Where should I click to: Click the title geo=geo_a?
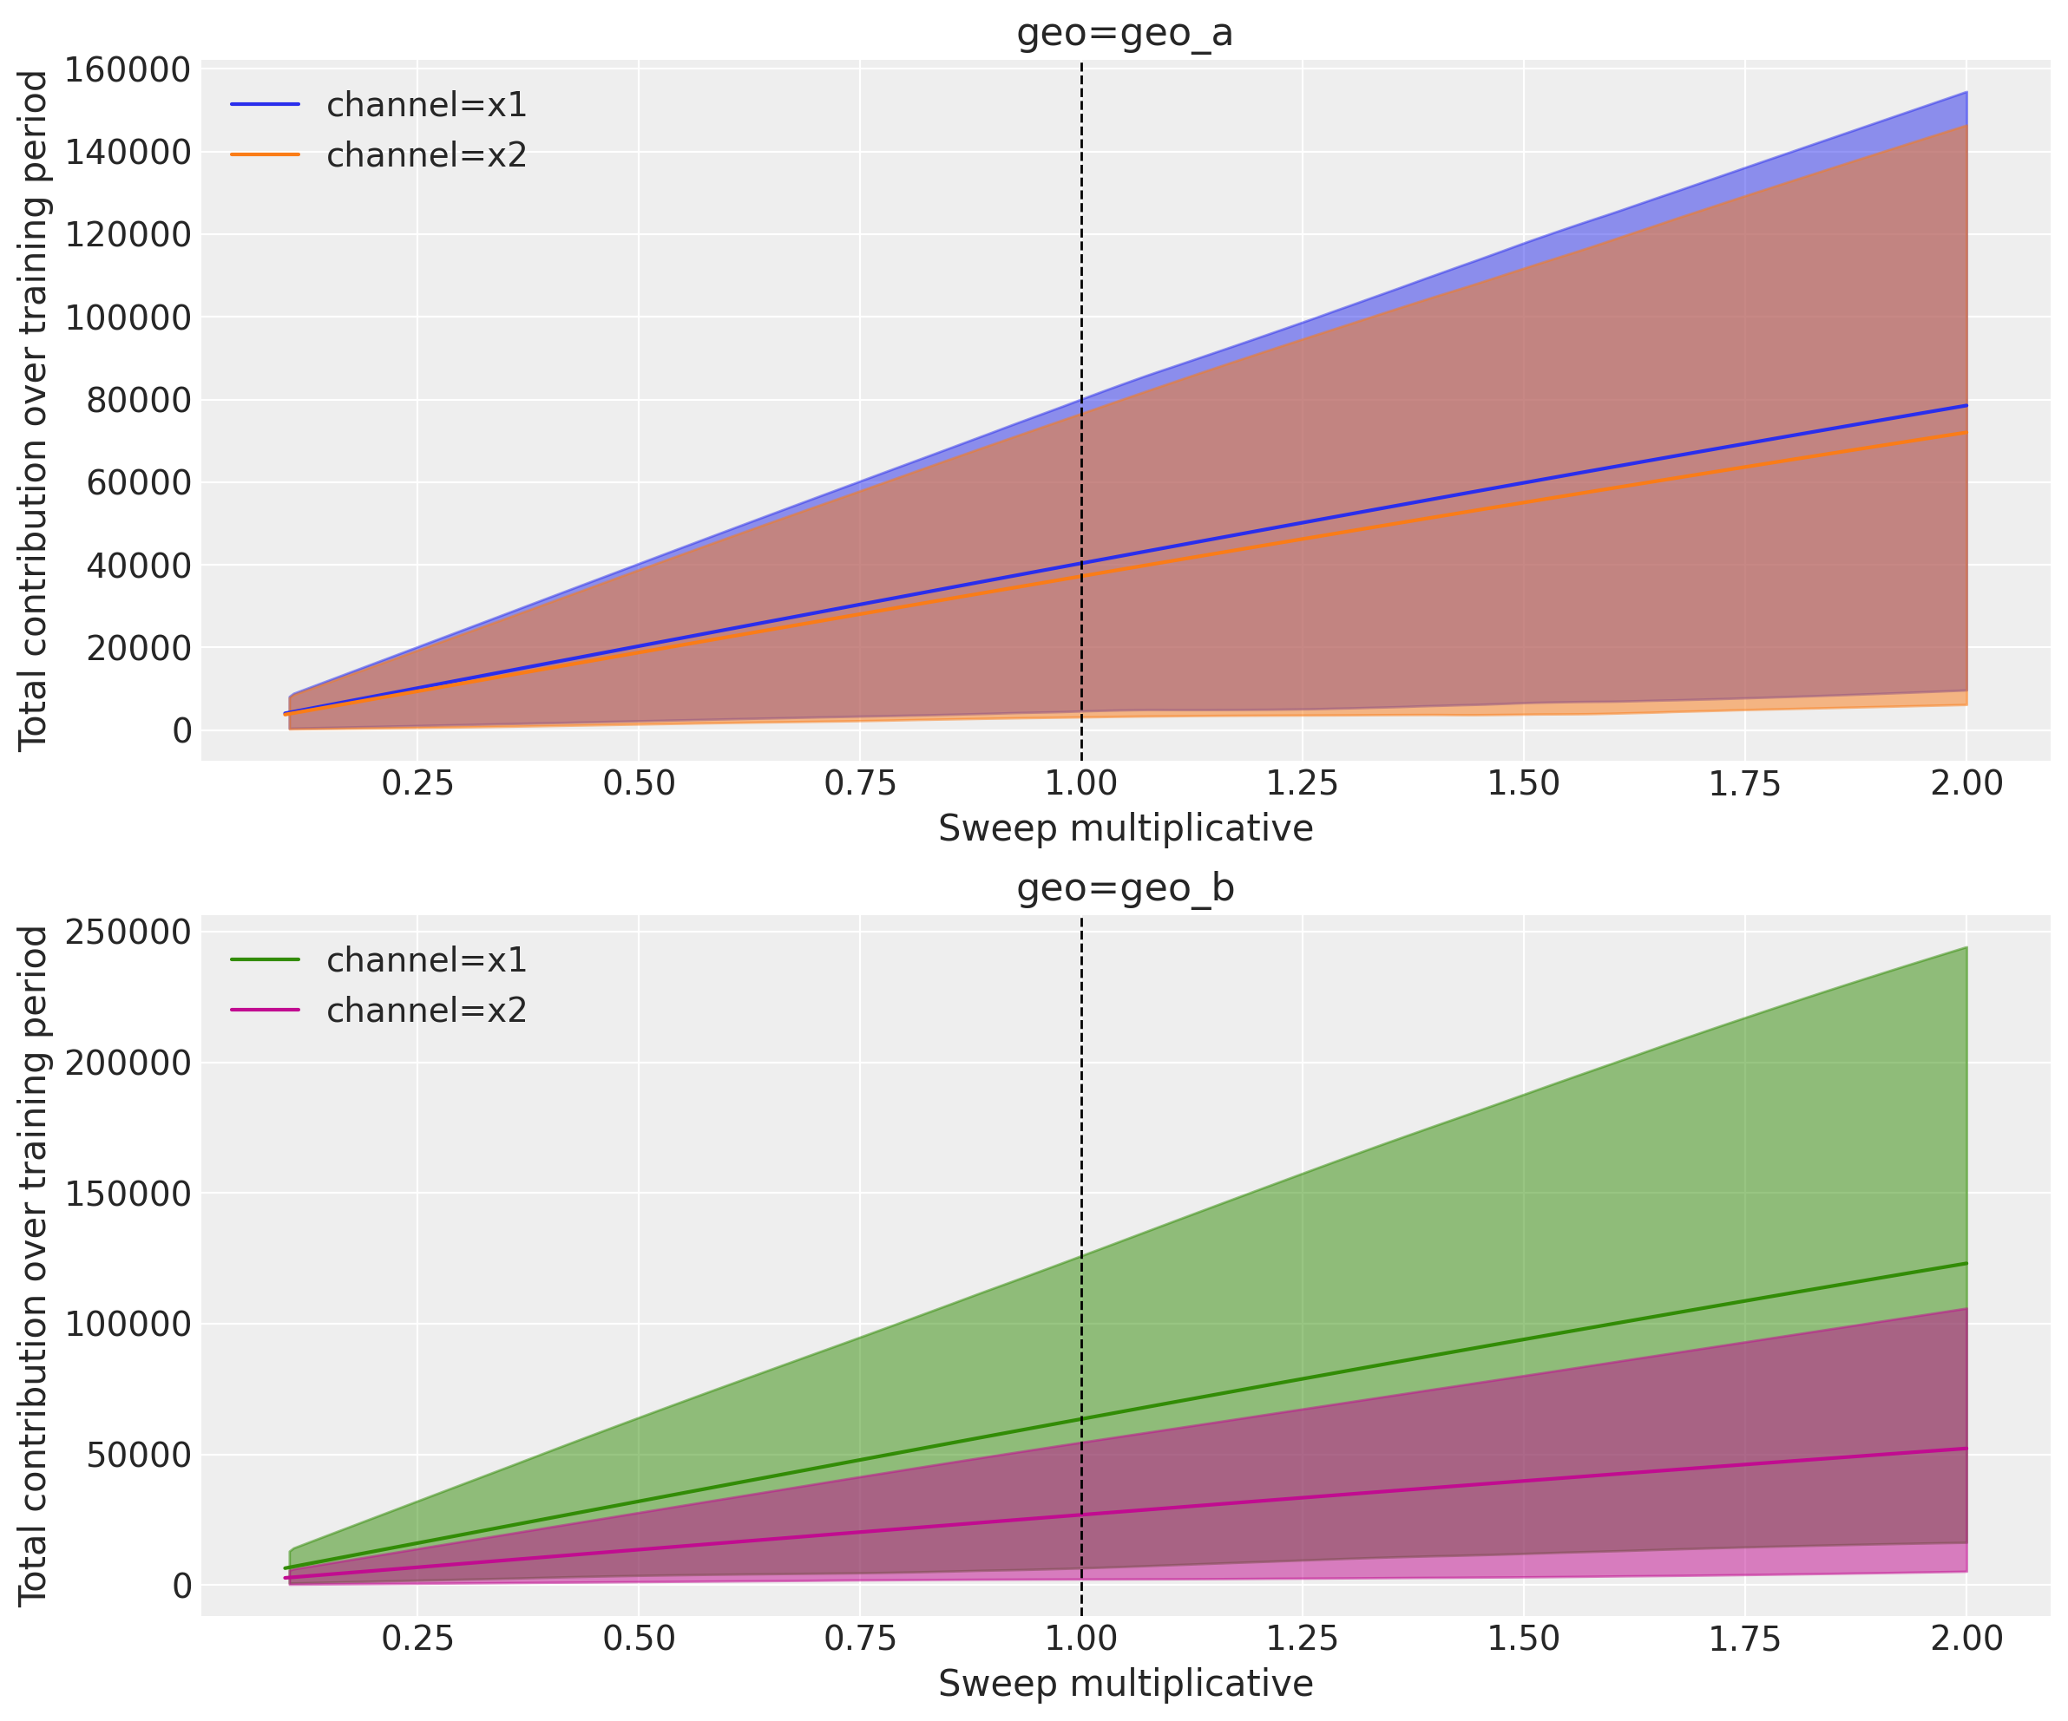click(1125, 34)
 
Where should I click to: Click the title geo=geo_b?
click(1125, 888)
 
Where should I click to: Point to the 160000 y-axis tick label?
click(128, 70)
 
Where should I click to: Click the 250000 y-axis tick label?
click(128, 932)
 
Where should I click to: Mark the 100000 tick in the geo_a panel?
click(128, 318)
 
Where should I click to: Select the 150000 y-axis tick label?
click(128, 1194)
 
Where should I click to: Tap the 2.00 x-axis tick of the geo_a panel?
click(1966, 783)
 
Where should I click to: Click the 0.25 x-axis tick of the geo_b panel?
click(417, 1639)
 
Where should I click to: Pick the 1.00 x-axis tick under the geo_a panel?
click(1081, 783)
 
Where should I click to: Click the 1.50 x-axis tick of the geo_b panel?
click(1523, 1639)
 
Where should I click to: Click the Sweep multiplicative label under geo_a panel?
click(1125, 828)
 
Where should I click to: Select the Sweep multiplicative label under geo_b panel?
click(1125, 1684)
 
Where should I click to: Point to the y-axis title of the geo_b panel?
click(34, 1264)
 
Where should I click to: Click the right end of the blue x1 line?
click(1966, 406)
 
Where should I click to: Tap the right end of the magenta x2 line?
click(1966, 1449)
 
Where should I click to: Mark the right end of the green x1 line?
click(1966, 1263)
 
